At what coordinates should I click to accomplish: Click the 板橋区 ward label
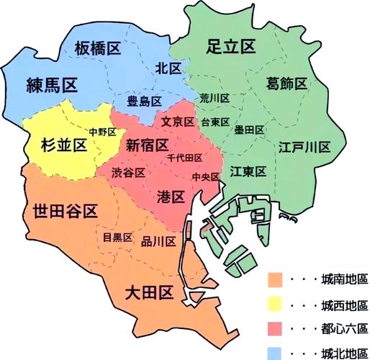(97, 48)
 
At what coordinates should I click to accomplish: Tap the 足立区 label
(231, 47)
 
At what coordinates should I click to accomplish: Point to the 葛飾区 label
(286, 83)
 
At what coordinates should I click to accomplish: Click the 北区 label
(168, 68)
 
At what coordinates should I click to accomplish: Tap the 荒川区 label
(215, 98)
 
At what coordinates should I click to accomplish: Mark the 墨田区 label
(249, 130)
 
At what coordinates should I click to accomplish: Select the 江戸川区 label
(304, 148)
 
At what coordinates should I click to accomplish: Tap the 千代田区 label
(184, 158)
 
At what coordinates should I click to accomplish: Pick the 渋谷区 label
(129, 173)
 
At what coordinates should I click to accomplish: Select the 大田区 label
(148, 292)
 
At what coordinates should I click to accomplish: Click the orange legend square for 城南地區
(274, 279)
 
